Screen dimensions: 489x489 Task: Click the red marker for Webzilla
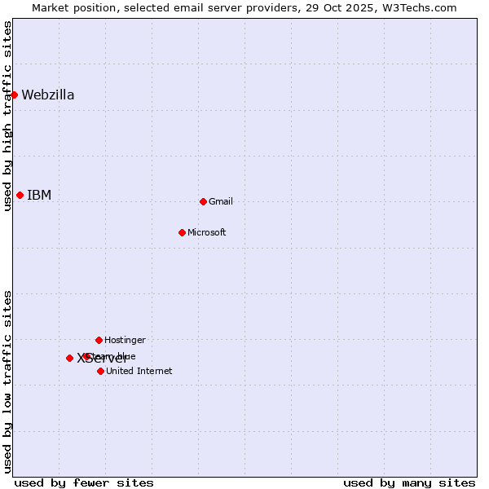(14, 95)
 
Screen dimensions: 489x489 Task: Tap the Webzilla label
(48, 95)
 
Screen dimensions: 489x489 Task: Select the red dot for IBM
(20, 195)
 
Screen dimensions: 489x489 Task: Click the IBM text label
(39, 195)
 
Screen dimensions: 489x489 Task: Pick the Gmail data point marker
(203, 201)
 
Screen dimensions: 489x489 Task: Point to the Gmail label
(221, 201)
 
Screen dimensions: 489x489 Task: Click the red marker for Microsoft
(182, 232)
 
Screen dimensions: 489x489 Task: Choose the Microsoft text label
(207, 232)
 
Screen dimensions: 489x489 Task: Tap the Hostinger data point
(99, 340)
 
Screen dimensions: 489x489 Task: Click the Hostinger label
(125, 340)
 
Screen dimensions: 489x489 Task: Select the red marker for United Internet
(100, 371)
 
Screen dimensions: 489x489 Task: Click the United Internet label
(139, 371)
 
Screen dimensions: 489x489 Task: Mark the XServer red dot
(69, 358)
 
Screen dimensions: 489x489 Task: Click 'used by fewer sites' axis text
(84, 482)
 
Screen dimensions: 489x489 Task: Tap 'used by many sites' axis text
(409, 482)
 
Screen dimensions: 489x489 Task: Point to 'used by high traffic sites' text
(8, 116)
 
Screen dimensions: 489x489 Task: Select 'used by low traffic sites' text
(8, 381)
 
